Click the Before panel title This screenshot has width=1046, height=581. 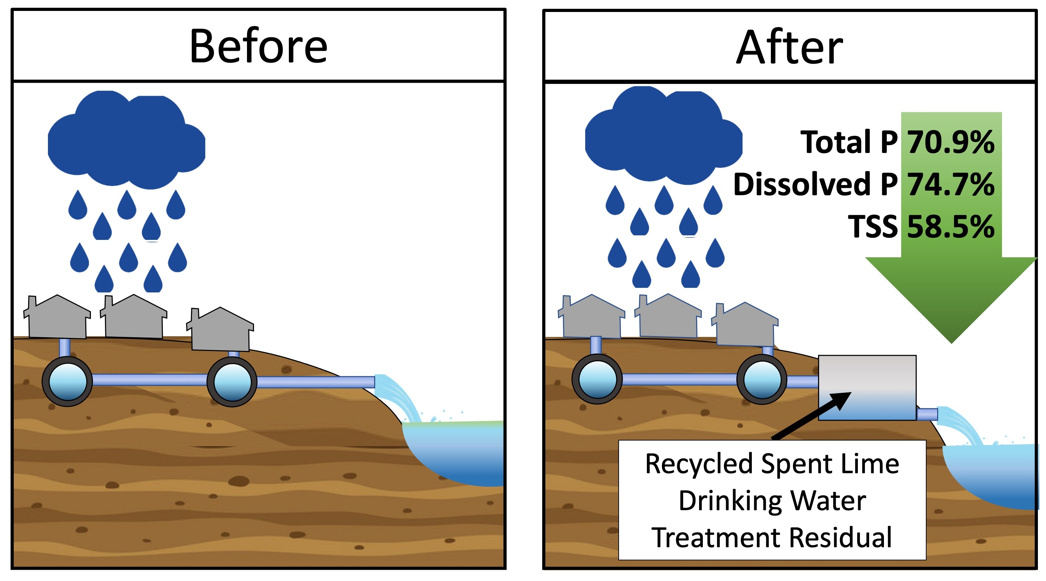(x=258, y=46)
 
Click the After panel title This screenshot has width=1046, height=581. (x=790, y=48)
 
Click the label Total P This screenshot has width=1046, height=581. (x=849, y=142)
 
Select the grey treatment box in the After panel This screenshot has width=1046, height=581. (x=867, y=376)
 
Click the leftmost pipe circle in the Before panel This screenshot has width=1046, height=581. (x=67, y=382)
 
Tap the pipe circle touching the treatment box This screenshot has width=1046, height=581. (x=762, y=379)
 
